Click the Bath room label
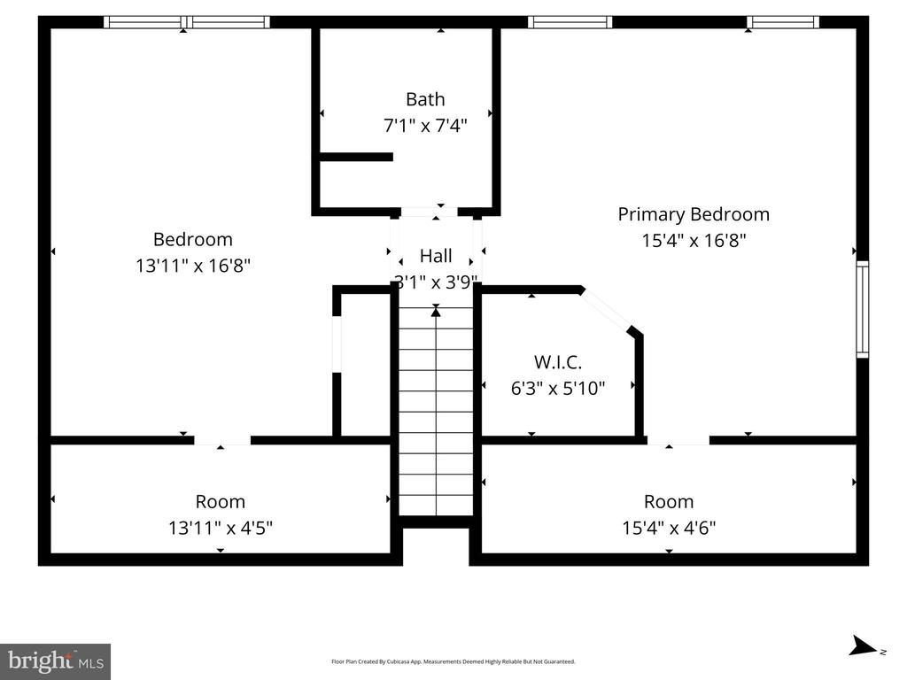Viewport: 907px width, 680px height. click(x=425, y=99)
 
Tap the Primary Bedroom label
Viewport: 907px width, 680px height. click(x=694, y=214)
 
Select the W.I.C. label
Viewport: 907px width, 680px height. click(x=558, y=362)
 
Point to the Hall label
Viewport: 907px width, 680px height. click(x=436, y=256)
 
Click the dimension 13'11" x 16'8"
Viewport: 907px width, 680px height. click(x=192, y=266)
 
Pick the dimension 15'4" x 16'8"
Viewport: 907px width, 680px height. click(x=694, y=240)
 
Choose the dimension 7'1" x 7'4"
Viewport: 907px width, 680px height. click(x=425, y=125)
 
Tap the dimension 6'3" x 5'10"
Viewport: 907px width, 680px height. click(x=558, y=388)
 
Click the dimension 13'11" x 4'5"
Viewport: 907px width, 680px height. click(x=221, y=528)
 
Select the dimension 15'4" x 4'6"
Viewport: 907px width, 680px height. click(x=669, y=528)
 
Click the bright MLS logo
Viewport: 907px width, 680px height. click(x=55, y=661)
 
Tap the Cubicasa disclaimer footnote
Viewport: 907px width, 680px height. click(x=453, y=661)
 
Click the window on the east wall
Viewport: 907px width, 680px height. click(x=863, y=309)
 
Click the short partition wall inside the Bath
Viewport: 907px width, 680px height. click(x=356, y=157)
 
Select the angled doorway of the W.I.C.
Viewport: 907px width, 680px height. click(x=606, y=309)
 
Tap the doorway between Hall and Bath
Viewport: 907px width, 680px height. click(x=430, y=212)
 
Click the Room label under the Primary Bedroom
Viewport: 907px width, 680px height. click(x=669, y=501)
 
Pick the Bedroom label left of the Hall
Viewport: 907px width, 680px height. click(x=192, y=239)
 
